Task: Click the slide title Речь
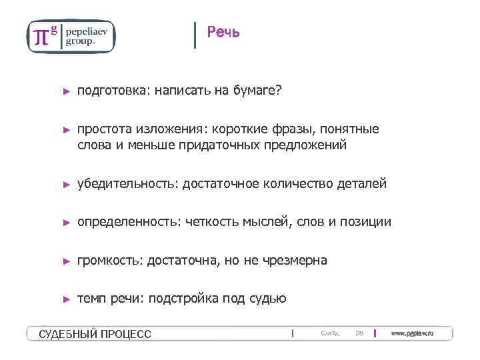tap(223, 32)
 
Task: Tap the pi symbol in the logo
tap(41, 37)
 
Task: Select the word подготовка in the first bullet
tap(112, 90)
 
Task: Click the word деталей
tap(363, 183)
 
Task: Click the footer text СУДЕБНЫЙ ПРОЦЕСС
tap(95, 333)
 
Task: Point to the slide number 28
tap(359, 333)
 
